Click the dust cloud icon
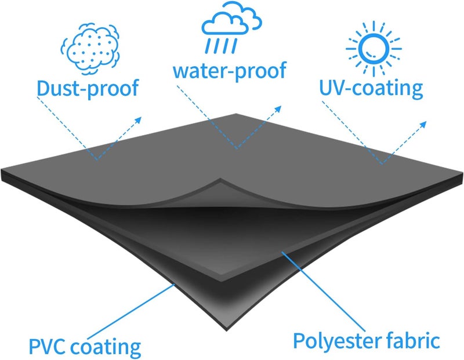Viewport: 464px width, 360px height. [90, 49]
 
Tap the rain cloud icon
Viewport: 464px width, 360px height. [231, 27]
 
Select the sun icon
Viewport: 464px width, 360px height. [374, 49]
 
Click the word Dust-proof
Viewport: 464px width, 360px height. [88, 89]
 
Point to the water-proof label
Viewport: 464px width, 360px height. [229, 71]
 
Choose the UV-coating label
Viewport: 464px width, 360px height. [371, 88]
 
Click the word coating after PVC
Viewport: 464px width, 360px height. [106, 347]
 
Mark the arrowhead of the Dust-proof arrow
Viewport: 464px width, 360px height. [138, 120]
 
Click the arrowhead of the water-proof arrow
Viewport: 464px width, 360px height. [278, 109]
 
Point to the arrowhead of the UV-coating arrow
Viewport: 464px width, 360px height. [423, 124]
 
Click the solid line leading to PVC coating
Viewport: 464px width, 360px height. [130, 311]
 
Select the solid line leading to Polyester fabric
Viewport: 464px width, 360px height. [323, 292]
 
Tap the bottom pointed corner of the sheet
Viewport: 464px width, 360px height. [227, 330]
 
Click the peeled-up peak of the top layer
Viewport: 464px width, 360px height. [220, 179]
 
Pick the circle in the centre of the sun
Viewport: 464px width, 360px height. [374, 49]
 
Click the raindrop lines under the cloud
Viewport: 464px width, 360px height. [222, 46]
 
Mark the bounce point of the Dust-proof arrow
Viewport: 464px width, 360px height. [97, 160]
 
